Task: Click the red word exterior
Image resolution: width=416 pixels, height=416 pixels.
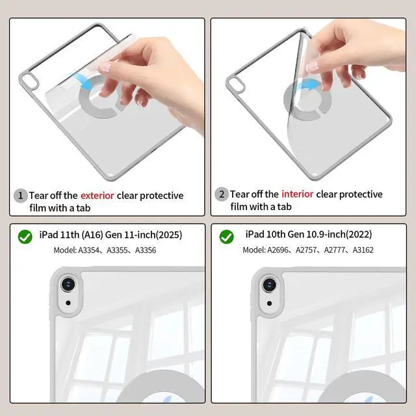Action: coord(97,196)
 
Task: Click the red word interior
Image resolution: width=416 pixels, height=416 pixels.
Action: coord(298,194)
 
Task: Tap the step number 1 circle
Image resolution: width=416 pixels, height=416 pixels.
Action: coord(20,196)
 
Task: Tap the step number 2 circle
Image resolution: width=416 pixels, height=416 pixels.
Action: coord(221,194)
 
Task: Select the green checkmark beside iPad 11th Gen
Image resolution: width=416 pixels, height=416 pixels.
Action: coord(25,237)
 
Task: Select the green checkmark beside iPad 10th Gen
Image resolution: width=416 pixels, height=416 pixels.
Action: coord(227,237)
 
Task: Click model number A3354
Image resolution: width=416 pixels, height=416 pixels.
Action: coord(88,250)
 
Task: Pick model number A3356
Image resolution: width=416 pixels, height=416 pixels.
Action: coord(146,250)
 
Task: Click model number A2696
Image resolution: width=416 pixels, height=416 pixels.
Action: coord(278,250)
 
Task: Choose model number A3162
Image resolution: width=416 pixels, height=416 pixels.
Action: coord(363,250)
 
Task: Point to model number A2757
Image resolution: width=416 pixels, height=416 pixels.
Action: coord(306,250)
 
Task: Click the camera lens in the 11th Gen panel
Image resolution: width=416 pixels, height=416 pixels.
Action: coord(68,285)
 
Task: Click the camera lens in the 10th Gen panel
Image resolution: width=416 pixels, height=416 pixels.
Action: coord(269,285)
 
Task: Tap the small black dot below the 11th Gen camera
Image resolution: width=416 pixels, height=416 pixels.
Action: coord(68,303)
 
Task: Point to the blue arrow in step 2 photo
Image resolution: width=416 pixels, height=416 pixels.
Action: coord(309,85)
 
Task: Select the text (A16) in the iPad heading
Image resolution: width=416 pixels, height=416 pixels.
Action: coord(92,235)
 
